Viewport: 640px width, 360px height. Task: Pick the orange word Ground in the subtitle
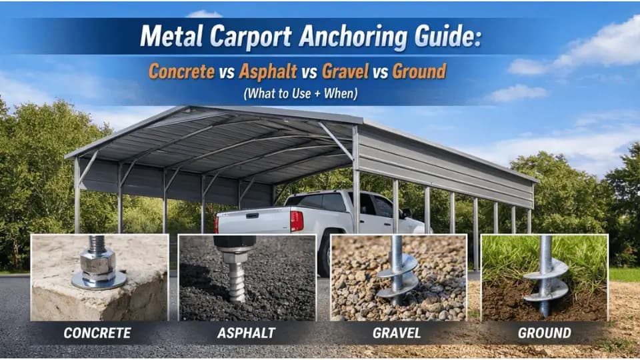[419, 71]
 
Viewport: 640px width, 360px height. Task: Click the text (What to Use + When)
[301, 93]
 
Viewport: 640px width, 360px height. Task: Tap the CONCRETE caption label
[97, 333]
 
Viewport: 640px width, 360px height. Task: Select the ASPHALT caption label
[246, 333]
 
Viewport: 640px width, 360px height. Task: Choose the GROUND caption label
[545, 333]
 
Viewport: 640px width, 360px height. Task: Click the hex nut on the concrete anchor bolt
[98, 265]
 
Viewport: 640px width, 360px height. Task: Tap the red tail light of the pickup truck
[296, 220]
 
